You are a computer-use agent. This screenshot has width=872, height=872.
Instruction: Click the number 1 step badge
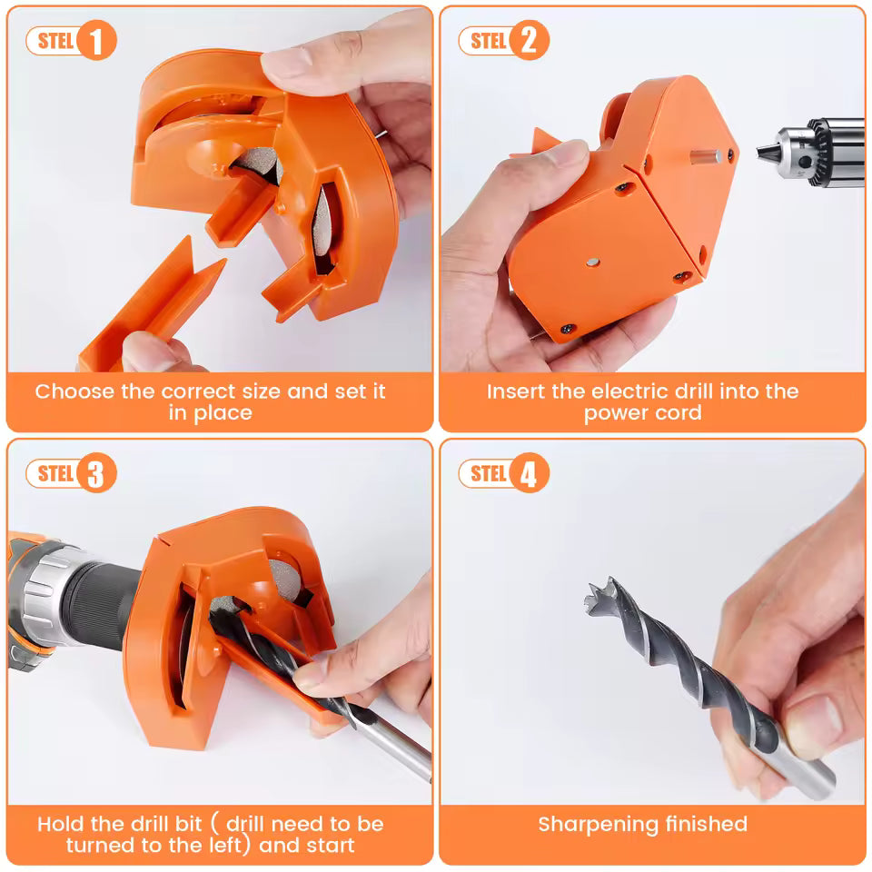[x=96, y=42]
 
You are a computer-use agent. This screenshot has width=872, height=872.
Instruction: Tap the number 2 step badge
[x=529, y=42]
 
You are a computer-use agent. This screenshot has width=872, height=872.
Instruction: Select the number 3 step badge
[x=96, y=473]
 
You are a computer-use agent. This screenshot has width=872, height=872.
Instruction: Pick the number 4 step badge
[x=529, y=473]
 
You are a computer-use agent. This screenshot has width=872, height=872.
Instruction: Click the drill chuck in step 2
[x=817, y=151]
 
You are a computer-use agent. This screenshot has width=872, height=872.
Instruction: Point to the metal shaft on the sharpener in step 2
[x=705, y=156]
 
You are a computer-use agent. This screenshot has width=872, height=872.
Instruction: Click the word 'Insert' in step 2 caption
[x=514, y=392]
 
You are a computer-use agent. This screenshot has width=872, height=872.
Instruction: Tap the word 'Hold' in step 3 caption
[x=60, y=825]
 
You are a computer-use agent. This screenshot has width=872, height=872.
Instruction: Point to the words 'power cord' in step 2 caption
[x=642, y=413]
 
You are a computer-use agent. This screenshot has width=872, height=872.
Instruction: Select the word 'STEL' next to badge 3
[x=55, y=473]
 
